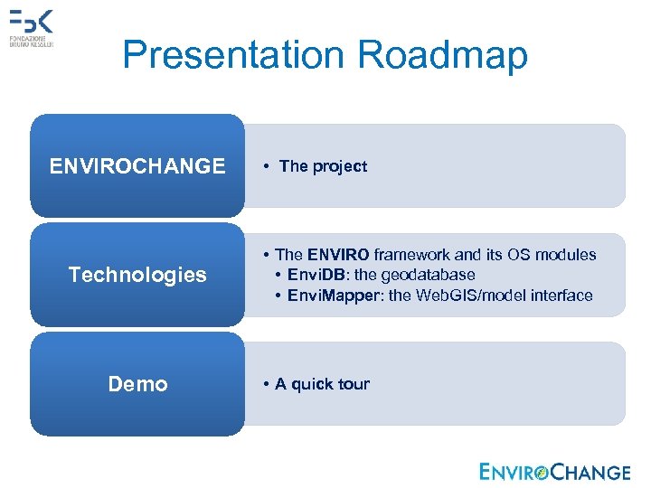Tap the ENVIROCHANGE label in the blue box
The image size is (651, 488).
tap(137, 166)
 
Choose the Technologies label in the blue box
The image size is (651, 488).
tap(137, 275)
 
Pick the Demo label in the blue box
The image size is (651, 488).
tap(137, 384)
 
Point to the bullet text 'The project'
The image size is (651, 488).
tap(323, 166)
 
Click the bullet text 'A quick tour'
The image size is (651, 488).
tap(322, 384)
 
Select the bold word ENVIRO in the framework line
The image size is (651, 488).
tap(338, 255)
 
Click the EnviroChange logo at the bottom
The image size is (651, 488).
tap(555, 472)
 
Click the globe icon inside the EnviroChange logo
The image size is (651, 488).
tap(542, 473)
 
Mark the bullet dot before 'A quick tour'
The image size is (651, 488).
tap(267, 385)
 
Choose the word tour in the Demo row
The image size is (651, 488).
tap(354, 384)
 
